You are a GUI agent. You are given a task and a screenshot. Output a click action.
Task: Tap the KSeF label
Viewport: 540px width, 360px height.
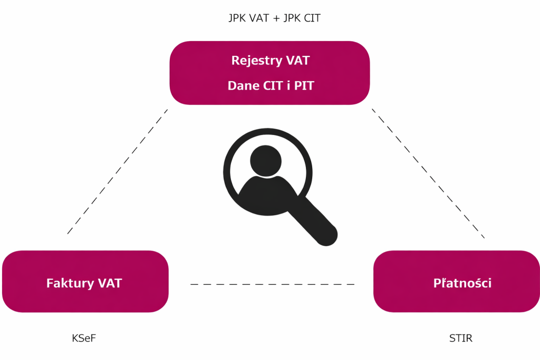(x=84, y=338)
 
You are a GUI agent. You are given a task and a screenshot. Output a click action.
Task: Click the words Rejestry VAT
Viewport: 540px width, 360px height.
(x=270, y=61)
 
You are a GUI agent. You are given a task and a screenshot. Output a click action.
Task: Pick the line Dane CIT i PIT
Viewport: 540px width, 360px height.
(x=270, y=85)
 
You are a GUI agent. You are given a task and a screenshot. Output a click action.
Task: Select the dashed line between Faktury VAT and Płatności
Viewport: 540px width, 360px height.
(x=272, y=284)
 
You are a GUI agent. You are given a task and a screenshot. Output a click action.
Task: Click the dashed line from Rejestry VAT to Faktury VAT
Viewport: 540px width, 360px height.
(x=117, y=171)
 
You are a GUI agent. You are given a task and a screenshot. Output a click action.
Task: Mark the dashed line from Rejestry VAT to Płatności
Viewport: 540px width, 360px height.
(x=428, y=172)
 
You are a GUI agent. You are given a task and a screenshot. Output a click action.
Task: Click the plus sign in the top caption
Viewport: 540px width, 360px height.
(x=275, y=18)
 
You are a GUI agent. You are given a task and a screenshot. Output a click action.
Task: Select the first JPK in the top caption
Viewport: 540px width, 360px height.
(x=238, y=18)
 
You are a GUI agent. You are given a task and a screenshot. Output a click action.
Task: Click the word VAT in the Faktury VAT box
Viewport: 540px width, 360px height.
(x=110, y=284)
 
